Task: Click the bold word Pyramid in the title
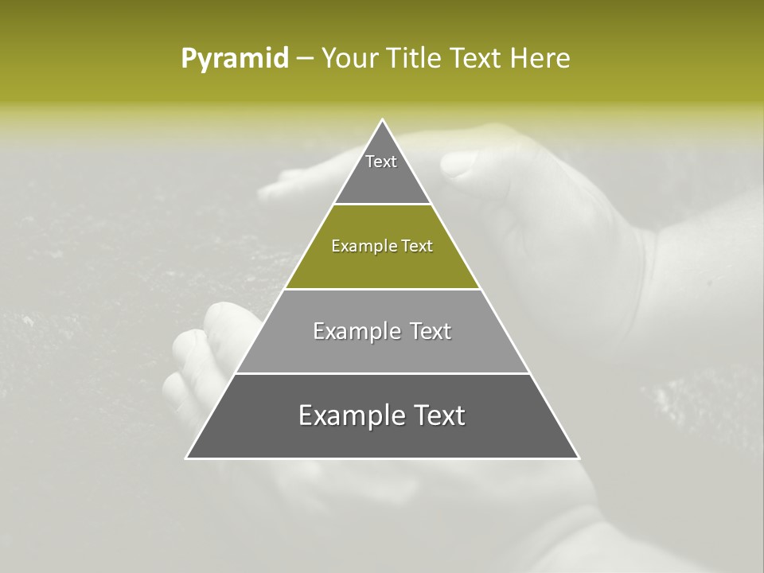(x=235, y=59)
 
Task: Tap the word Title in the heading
(x=419, y=59)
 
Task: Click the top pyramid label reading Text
(x=381, y=162)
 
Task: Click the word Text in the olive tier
(x=417, y=247)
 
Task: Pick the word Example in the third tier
(x=355, y=331)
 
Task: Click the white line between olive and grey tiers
(x=382, y=289)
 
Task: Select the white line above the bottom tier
(x=382, y=373)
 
